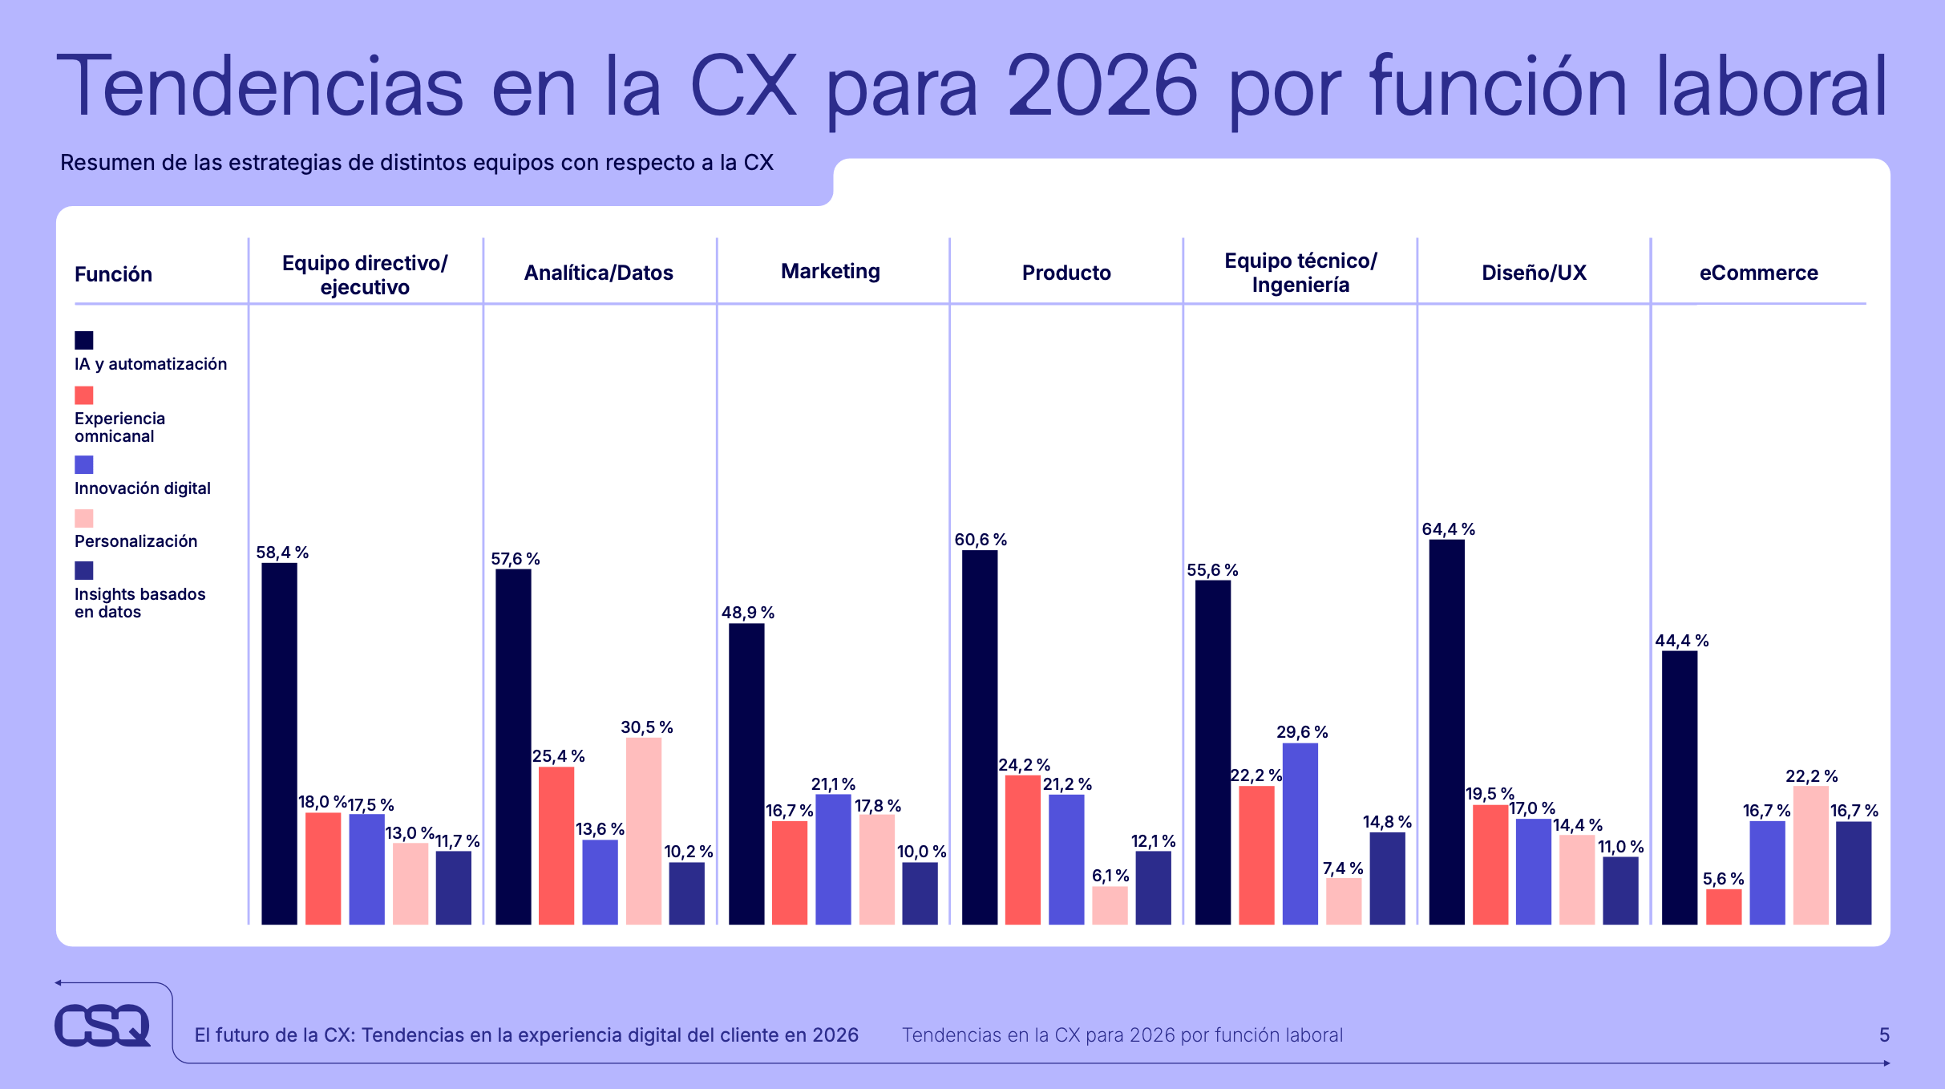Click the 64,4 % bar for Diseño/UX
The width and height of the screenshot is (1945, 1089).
pos(1446,731)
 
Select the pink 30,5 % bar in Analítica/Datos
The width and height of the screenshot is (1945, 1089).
pos(643,831)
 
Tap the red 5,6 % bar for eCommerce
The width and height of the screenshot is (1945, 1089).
pos(1723,906)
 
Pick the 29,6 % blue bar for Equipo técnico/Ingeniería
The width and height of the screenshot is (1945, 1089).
pos(1300,834)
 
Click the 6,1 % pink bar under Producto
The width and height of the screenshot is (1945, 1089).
pos(1110,905)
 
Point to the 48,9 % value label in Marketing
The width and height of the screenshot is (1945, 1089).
pos(747,613)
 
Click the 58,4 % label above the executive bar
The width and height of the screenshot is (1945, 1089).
pos(282,553)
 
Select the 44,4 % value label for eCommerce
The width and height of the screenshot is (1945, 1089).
pos(1681,641)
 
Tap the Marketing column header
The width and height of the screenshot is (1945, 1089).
pos(830,272)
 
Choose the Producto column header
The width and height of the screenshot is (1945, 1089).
pos(1066,273)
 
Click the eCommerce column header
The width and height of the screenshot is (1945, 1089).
pos(1758,273)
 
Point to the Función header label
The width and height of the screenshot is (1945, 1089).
pos(113,275)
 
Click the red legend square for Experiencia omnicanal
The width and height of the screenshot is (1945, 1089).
pos(84,395)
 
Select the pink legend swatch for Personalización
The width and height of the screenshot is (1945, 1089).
pos(84,518)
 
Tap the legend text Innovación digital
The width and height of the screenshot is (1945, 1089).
pos(142,488)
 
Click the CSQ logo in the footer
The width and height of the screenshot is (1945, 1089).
pos(103,1025)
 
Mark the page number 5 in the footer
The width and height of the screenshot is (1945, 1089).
pos(1884,1035)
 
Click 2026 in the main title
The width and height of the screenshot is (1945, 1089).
pos(1102,87)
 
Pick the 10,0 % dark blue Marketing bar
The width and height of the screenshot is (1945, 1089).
pos(920,893)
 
